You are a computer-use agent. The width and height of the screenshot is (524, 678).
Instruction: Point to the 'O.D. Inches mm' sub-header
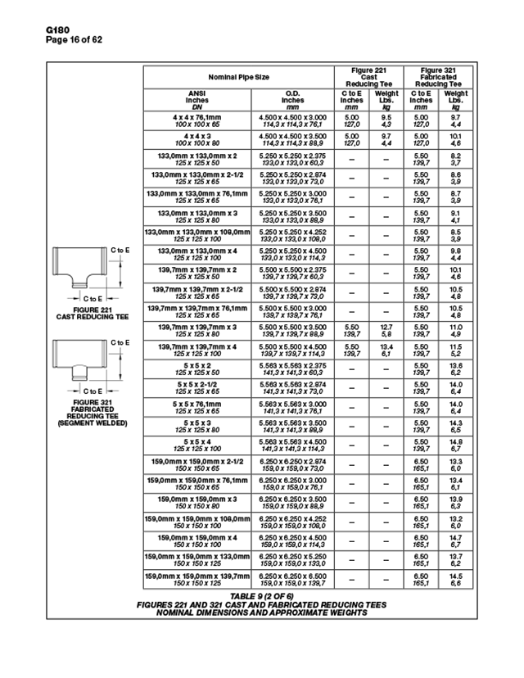pyautogui.click(x=292, y=101)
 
